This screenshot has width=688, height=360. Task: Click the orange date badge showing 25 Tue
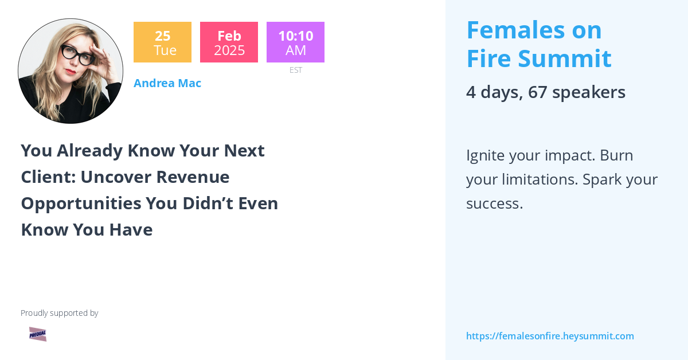(162, 42)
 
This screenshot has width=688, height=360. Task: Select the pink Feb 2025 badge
(229, 42)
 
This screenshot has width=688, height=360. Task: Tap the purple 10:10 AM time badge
(295, 42)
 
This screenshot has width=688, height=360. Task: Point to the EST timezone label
(296, 70)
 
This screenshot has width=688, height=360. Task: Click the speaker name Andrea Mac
(167, 83)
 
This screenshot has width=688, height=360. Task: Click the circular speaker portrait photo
(71, 71)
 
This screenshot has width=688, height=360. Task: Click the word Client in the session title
(46, 177)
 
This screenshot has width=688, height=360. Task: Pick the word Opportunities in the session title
(81, 204)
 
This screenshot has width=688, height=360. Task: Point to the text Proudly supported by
(60, 313)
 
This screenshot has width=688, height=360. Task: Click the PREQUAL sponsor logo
(38, 334)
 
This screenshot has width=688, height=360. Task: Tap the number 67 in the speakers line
(538, 92)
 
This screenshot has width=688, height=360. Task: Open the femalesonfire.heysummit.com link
(550, 336)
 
